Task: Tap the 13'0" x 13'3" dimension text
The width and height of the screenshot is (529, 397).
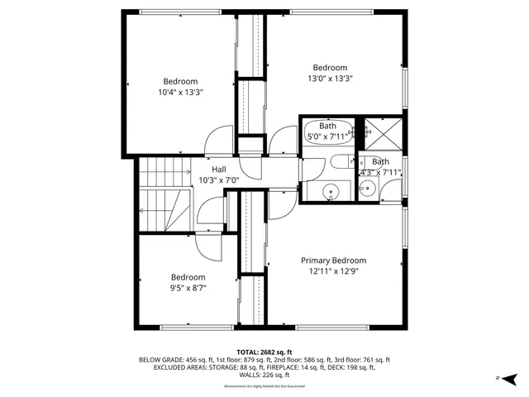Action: [329, 79]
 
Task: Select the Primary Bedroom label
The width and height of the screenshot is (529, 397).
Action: [333, 260]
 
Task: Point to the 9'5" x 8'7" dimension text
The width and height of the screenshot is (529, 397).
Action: [188, 289]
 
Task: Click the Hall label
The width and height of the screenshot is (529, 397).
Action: [219, 169]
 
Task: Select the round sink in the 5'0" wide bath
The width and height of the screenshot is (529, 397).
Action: [331, 191]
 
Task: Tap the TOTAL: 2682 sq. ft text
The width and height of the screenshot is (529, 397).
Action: [264, 352]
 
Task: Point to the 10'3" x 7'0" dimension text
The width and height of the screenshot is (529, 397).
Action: [219, 179]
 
